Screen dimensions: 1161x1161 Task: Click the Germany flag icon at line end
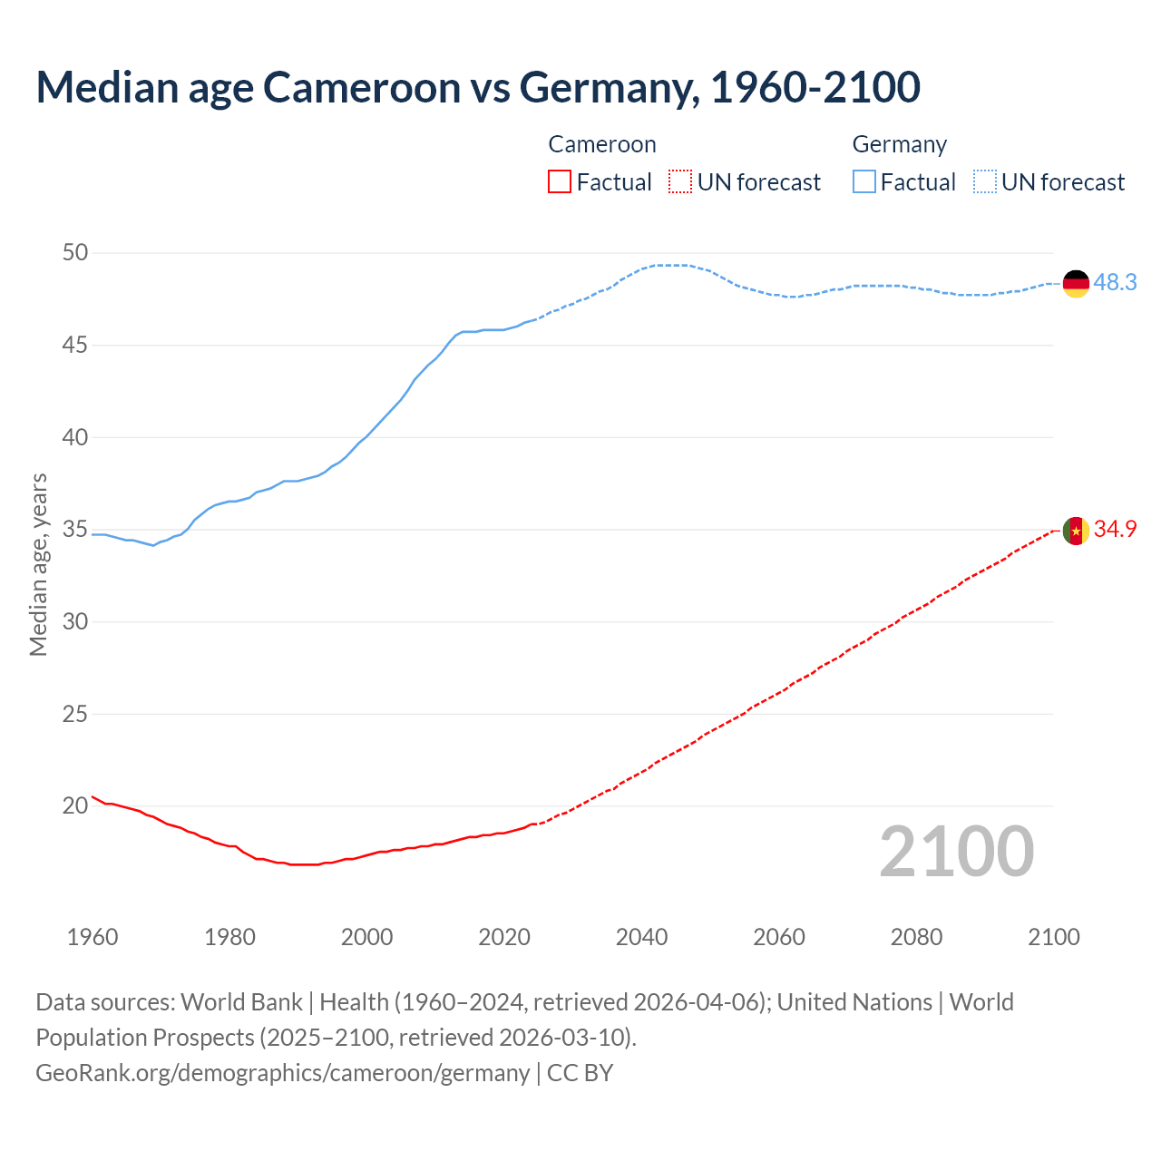pos(1076,284)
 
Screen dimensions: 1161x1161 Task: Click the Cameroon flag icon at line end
pos(1076,531)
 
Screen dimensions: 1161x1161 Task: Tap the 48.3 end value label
pos(1115,283)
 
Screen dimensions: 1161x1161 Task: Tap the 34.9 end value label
pos(1115,530)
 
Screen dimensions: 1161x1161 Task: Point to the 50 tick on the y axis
pos(75,253)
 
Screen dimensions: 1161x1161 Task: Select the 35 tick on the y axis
pos(75,530)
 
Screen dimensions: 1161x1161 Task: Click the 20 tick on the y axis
pos(75,805)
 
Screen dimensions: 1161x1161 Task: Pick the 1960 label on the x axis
pos(93,937)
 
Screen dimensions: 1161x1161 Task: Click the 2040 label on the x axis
pos(641,937)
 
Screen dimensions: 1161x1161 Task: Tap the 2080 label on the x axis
pos(916,937)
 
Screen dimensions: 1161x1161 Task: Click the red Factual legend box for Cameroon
pos(560,182)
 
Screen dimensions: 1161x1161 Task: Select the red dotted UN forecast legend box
pos(680,182)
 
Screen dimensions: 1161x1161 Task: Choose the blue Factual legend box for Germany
pos(864,182)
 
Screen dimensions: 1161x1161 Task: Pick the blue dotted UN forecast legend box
pos(984,182)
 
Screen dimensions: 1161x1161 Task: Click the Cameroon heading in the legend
pos(602,145)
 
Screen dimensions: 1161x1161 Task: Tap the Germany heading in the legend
pos(899,145)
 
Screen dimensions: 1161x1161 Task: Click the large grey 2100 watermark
pos(956,852)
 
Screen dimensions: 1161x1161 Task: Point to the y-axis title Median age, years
pos(38,564)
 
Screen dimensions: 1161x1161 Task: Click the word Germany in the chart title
pos(608,88)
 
